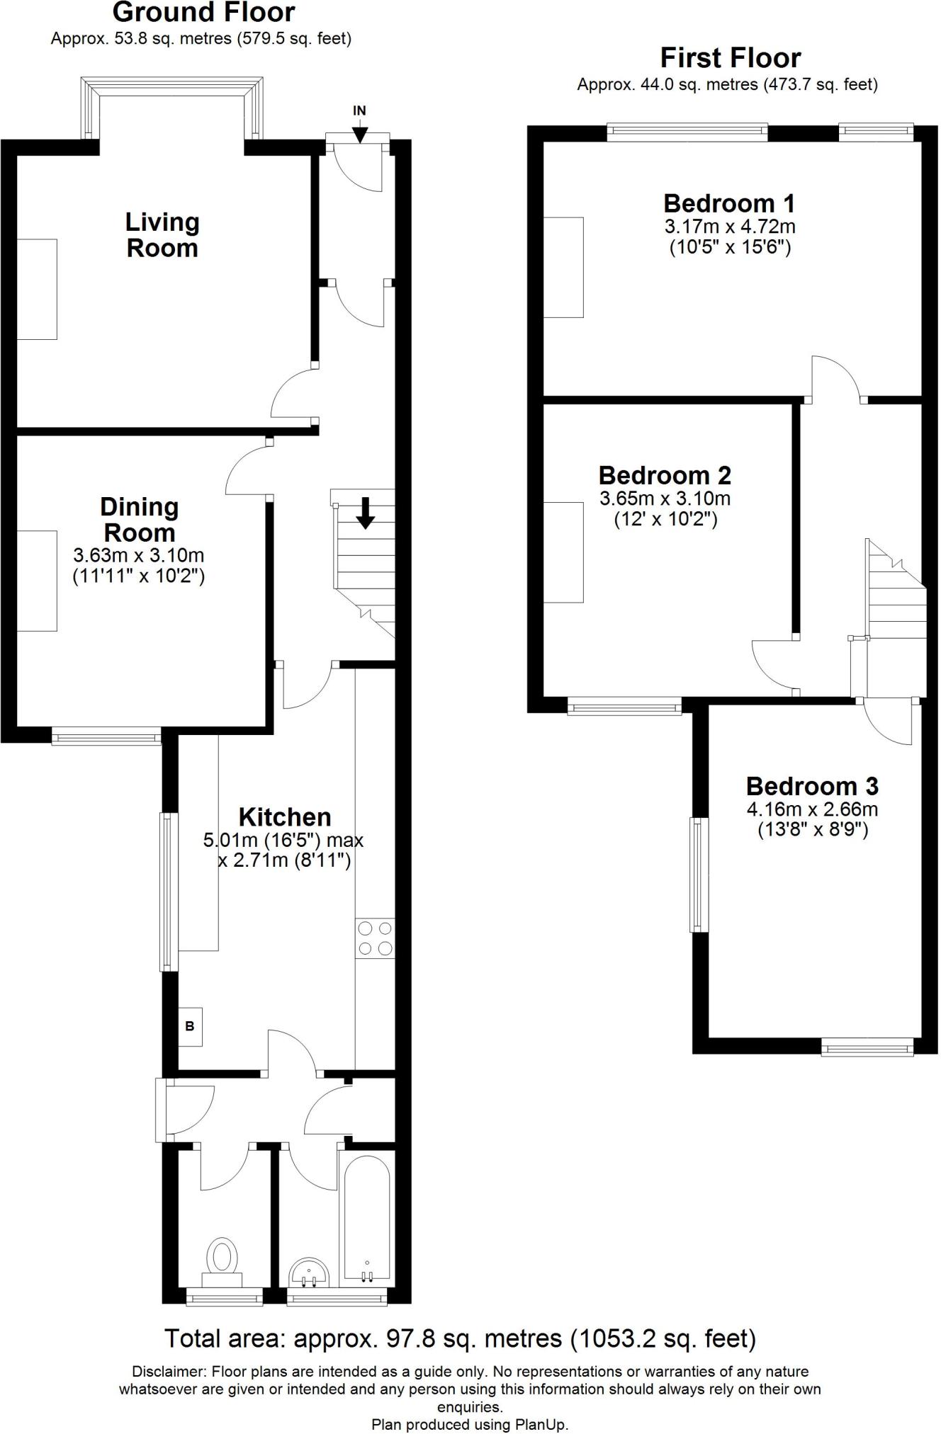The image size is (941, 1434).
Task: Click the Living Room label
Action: coord(162,235)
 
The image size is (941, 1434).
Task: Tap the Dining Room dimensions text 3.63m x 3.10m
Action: coord(139,555)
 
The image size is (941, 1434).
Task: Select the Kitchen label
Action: coord(285,817)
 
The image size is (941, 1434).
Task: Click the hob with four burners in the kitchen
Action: coord(375,938)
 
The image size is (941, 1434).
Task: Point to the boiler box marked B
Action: coord(190,1026)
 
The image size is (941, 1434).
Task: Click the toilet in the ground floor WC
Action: coord(222,1264)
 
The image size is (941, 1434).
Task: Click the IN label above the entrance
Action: coord(360,110)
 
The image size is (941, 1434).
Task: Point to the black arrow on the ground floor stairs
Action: coord(365,513)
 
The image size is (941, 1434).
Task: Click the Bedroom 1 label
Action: coord(729,204)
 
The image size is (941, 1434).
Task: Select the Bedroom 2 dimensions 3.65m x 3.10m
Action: coord(665,499)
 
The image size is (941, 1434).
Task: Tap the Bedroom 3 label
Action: coord(812,786)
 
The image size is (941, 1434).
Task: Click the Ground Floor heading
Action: coord(204,12)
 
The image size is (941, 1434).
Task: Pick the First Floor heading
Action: coord(731,57)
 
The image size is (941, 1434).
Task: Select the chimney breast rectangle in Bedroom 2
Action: coord(563,552)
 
